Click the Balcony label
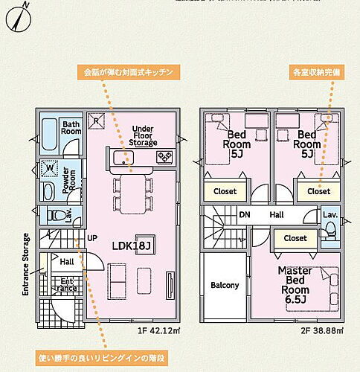pos(225,285)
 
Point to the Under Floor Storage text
pos(143,135)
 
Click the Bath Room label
pos(71,128)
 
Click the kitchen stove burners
pos(164,158)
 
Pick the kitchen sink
pos(121,158)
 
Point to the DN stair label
pos(245,215)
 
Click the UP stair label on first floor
pos(93,238)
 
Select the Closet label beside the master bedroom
pos(295,238)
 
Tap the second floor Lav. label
pos(330,214)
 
